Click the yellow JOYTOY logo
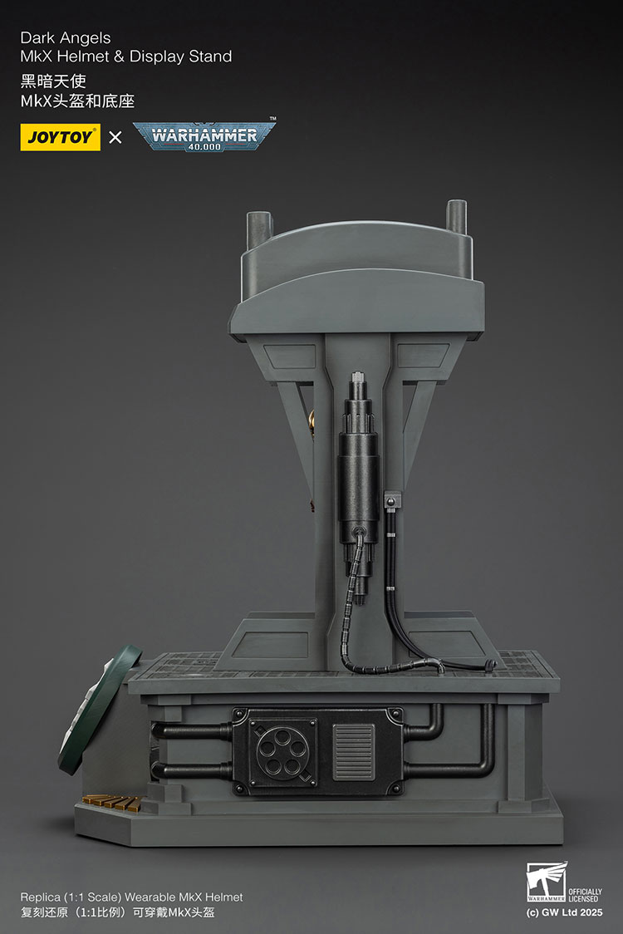coord(60,137)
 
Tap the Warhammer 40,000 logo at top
coord(204,135)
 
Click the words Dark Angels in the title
coord(66,38)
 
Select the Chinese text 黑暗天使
coord(53,81)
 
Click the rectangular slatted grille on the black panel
coord(354,751)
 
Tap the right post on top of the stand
coord(457,218)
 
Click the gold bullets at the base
coord(111,802)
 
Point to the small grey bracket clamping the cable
coord(392,501)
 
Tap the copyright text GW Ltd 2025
coord(564,912)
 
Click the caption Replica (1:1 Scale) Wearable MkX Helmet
coord(132,897)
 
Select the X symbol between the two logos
coord(115,137)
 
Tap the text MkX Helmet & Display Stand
coord(126,57)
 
